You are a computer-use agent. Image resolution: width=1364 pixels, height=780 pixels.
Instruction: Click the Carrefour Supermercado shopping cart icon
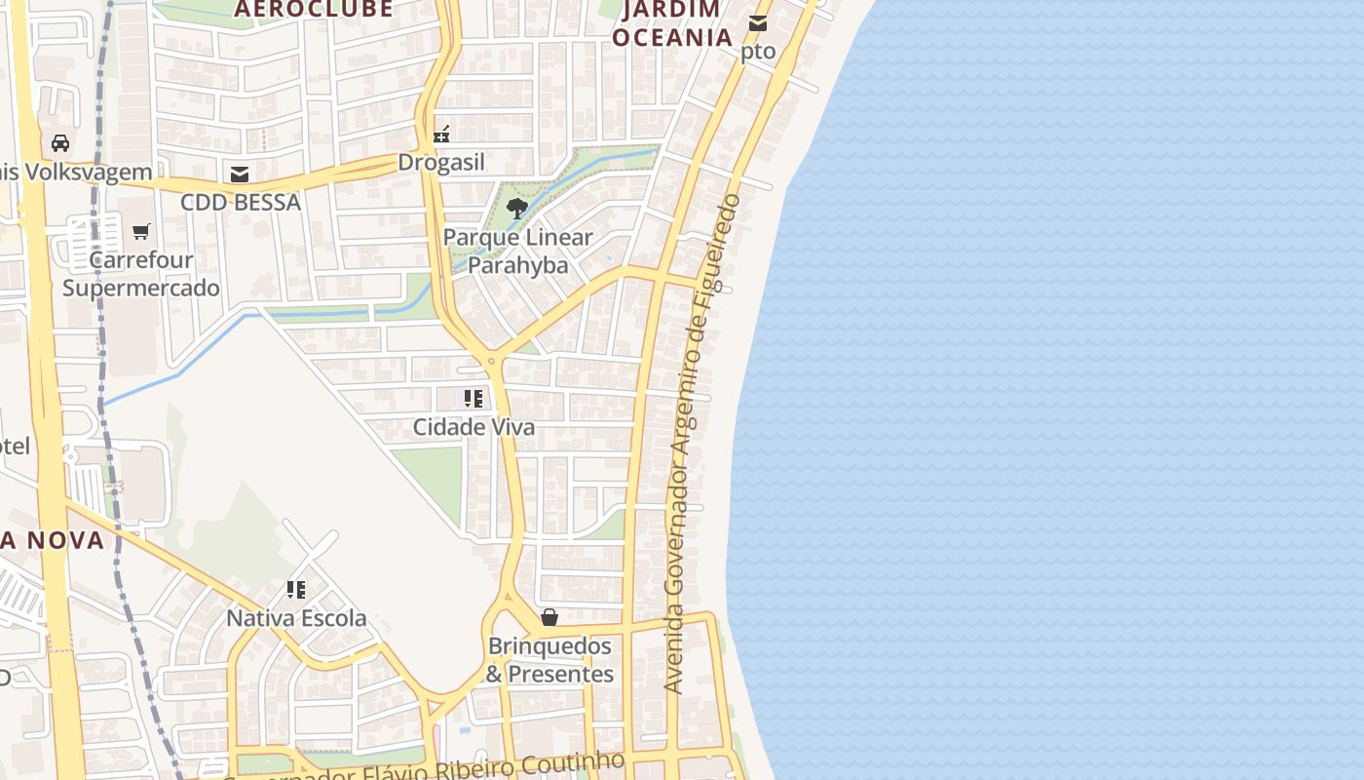click(141, 232)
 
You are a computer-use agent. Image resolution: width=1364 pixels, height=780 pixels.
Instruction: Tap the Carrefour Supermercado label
click(141, 274)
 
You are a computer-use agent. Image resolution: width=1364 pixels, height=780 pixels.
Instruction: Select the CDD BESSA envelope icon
click(240, 175)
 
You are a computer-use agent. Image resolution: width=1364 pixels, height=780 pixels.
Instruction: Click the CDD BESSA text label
click(240, 203)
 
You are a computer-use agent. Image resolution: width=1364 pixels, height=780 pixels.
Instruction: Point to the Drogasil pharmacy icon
click(441, 134)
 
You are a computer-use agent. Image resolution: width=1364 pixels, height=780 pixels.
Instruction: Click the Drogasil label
click(441, 163)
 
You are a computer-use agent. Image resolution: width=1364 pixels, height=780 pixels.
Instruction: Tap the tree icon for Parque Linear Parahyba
click(517, 207)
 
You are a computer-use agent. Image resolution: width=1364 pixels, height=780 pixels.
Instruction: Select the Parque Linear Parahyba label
click(517, 252)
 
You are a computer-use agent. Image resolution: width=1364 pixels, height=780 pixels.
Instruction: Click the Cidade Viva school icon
click(474, 399)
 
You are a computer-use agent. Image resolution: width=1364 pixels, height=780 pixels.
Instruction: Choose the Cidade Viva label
click(474, 427)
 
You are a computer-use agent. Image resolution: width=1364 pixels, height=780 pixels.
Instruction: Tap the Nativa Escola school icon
click(296, 590)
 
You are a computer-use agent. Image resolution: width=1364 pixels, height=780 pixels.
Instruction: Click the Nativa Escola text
click(296, 618)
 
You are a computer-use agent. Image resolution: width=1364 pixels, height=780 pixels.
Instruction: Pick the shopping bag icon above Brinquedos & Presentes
click(549, 617)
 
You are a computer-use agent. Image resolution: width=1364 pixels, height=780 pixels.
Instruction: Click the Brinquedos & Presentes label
click(549, 660)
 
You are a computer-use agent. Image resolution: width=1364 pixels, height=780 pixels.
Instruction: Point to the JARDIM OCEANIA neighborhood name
click(672, 23)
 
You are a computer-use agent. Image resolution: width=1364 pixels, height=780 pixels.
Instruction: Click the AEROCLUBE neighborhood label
click(314, 10)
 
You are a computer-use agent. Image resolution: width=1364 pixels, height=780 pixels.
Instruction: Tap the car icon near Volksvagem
click(60, 143)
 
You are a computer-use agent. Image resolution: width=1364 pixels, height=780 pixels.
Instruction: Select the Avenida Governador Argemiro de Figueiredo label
click(701, 444)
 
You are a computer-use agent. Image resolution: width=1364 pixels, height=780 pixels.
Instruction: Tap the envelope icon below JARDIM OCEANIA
click(758, 23)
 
